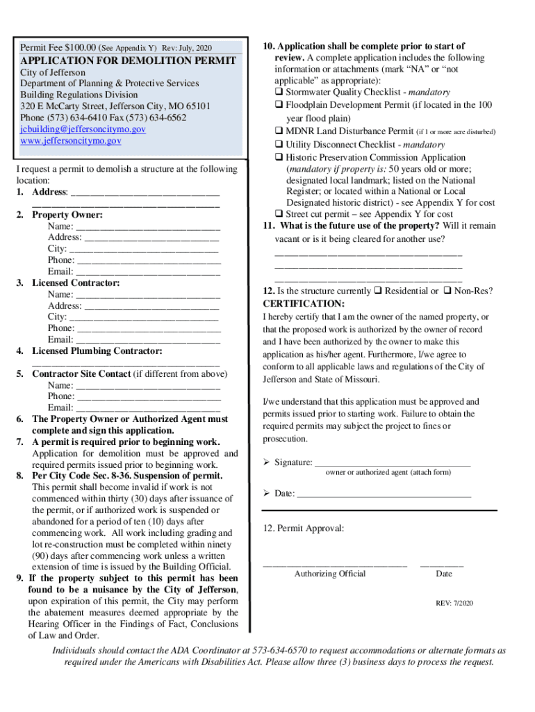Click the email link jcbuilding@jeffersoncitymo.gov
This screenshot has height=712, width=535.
pyautogui.click(x=83, y=129)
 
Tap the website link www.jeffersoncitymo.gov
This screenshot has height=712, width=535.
pyautogui.click(x=70, y=140)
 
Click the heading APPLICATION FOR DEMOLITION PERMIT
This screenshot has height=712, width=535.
pyautogui.click(x=128, y=60)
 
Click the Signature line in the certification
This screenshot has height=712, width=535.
pyautogui.click(x=393, y=462)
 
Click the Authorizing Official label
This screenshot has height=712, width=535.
pyautogui.click(x=330, y=574)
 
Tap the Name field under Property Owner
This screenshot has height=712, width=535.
pyautogui.click(x=148, y=226)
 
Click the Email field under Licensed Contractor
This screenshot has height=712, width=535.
pyautogui.click(x=148, y=339)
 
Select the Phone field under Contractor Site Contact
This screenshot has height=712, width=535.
pyautogui.click(x=148, y=396)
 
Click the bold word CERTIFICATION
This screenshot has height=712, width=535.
pyautogui.click(x=304, y=304)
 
